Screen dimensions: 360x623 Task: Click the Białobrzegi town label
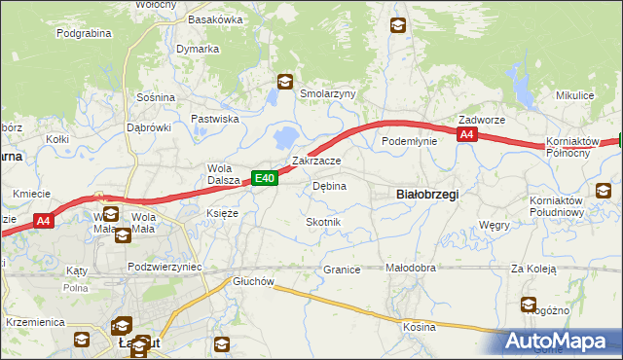click(x=428, y=195)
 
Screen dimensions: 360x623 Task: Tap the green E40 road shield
click(x=266, y=178)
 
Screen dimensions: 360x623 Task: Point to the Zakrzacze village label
click(x=316, y=161)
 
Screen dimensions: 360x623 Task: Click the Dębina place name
click(x=329, y=186)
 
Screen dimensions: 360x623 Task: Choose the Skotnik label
click(x=323, y=223)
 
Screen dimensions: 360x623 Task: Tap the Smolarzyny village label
click(x=328, y=94)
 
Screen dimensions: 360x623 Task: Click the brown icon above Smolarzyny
click(x=284, y=83)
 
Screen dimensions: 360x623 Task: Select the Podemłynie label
click(x=409, y=141)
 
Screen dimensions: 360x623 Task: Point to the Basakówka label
click(x=214, y=19)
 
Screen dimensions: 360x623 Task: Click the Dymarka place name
click(x=198, y=49)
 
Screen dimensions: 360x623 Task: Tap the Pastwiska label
click(x=215, y=119)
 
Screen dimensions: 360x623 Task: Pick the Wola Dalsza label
click(x=223, y=173)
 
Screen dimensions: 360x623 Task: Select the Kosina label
click(x=420, y=327)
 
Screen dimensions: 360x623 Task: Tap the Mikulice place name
click(x=574, y=96)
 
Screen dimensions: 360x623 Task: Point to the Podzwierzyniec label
click(x=165, y=266)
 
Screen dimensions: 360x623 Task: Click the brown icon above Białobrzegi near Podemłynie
click(x=399, y=27)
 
